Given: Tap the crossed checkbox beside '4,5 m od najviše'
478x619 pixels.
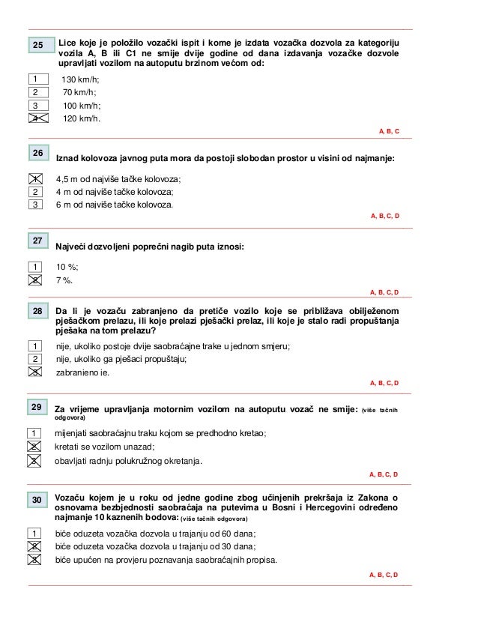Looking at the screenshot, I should point(34,179).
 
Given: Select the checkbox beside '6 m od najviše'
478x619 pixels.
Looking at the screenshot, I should point(34,205).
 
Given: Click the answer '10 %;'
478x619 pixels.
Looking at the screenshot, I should point(67,267).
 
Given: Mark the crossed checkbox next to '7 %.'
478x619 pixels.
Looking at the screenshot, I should point(34,280).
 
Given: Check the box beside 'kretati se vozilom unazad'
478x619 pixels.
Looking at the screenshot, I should point(34,447).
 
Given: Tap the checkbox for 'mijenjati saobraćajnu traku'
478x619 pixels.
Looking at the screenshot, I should point(34,434).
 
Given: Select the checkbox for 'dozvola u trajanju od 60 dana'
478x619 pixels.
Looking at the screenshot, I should point(34,534).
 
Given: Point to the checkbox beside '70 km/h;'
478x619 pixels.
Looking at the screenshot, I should point(34,92).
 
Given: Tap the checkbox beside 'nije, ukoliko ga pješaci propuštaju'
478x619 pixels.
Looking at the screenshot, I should point(34,359).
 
